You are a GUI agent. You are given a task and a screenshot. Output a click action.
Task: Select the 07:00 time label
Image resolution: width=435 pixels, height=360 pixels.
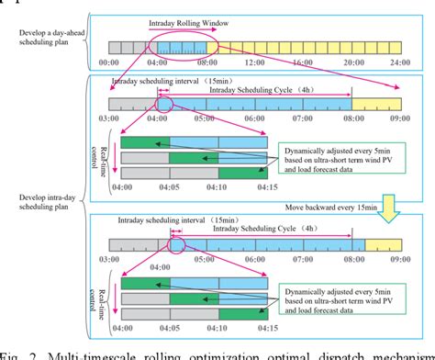pyautogui.click(x=304, y=118)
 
